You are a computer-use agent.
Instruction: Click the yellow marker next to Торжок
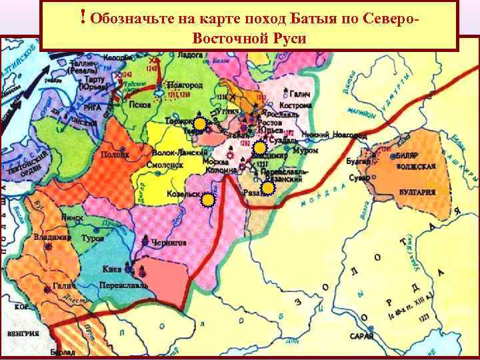coord(199,123)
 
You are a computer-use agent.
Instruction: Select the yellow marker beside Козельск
coord(209,199)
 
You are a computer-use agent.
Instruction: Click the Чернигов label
coord(170,243)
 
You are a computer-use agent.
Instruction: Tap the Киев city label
coord(111,270)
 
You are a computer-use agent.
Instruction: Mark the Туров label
coord(91,237)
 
